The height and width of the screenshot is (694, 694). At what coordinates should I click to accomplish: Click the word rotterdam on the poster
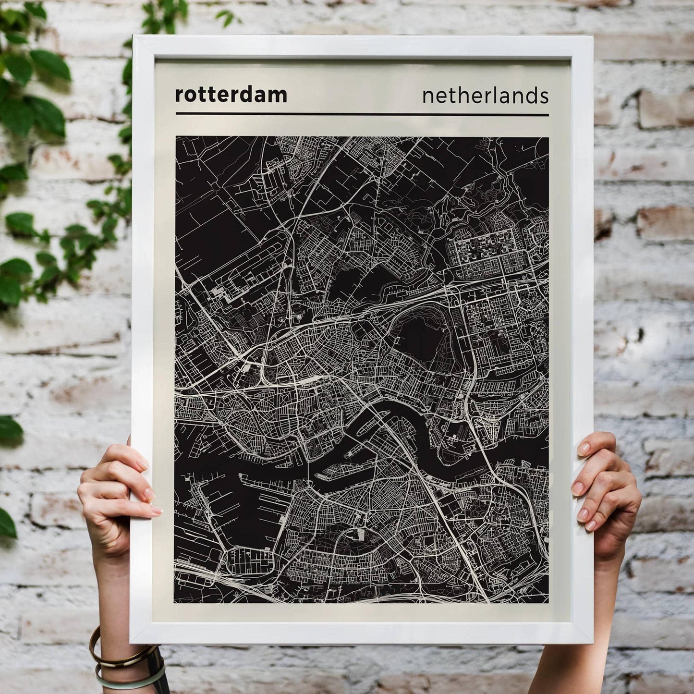tap(231, 95)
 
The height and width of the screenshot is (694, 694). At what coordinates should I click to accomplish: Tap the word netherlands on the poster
tap(485, 96)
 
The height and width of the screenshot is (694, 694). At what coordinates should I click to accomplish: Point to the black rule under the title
tap(362, 114)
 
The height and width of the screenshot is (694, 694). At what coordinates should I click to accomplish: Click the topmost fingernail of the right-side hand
tap(584, 449)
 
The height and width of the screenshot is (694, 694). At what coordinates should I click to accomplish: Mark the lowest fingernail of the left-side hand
tap(156, 512)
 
